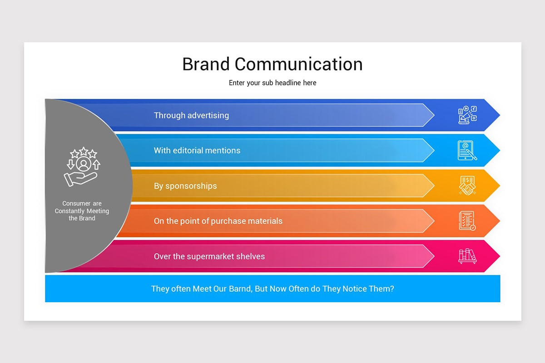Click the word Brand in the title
click(x=206, y=64)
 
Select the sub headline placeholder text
click(x=272, y=83)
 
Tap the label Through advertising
click(x=191, y=115)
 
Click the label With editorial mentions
click(x=197, y=150)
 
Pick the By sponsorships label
click(x=185, y=186)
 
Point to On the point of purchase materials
click(x=218, y=221)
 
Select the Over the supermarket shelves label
click(x=209, y=256)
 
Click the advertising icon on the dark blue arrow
click(x=467, y=115)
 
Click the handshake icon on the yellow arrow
click(x=467, y=186)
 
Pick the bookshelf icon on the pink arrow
click(x=467, y=256)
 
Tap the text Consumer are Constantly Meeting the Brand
click(x=82, y=211)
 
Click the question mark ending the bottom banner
click(x=392, y=289)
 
